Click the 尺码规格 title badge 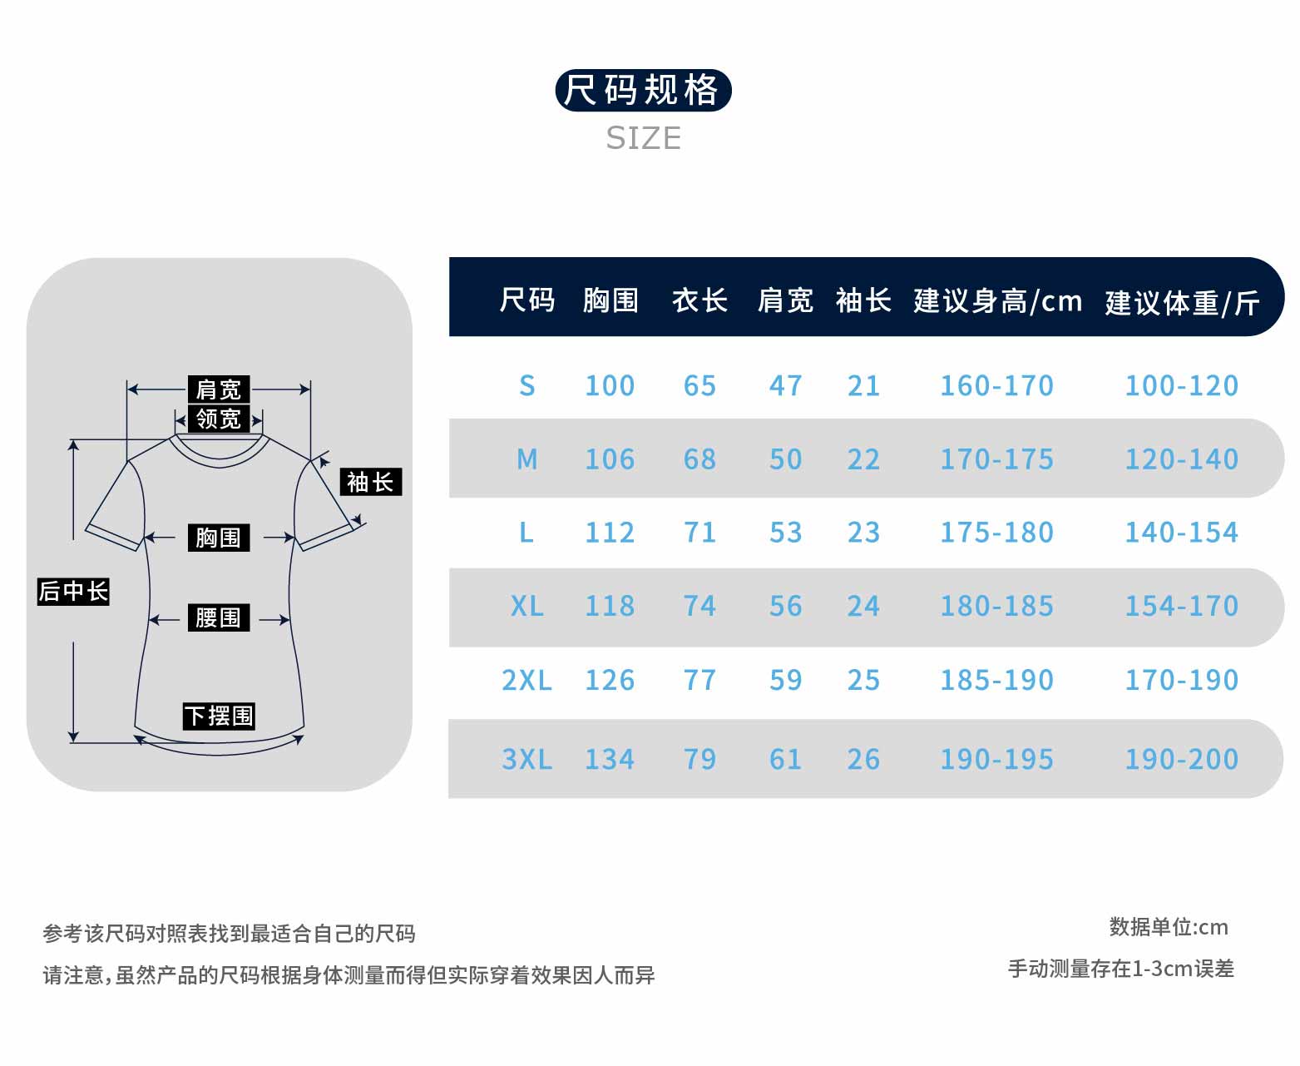point(643,90)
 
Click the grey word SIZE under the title point(643,138)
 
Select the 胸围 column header point(610,300)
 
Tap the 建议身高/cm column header point(997,300)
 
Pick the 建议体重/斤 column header point(1182,302)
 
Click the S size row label point(526,385)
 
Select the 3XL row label point(526,759)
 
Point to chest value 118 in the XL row point(610,606)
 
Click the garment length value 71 point(699,533)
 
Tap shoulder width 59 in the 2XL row point(785,680)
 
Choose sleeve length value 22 point(863,459)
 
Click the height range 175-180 point(996,533)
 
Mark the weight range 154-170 point(1181,606)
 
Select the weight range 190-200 point(1181,759)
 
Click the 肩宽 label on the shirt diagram point(218,389)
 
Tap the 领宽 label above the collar point(218,418)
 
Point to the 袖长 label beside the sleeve point(370,482)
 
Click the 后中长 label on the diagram point(73,591)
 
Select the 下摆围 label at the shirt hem point(219,716)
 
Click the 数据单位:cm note point(1168,927)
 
